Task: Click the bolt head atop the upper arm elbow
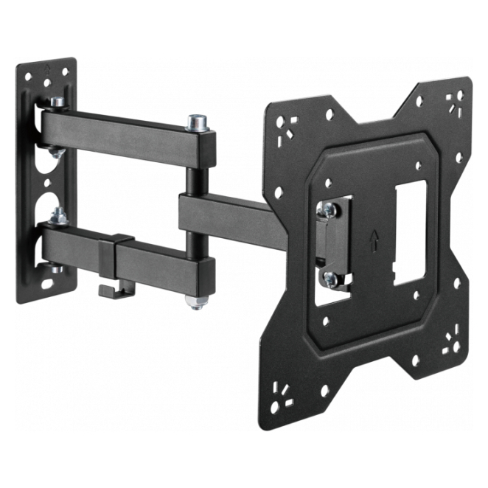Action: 196,120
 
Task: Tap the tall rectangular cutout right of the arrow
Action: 408,232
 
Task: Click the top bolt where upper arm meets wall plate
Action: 56,102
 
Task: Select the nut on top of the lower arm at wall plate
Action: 55,217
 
